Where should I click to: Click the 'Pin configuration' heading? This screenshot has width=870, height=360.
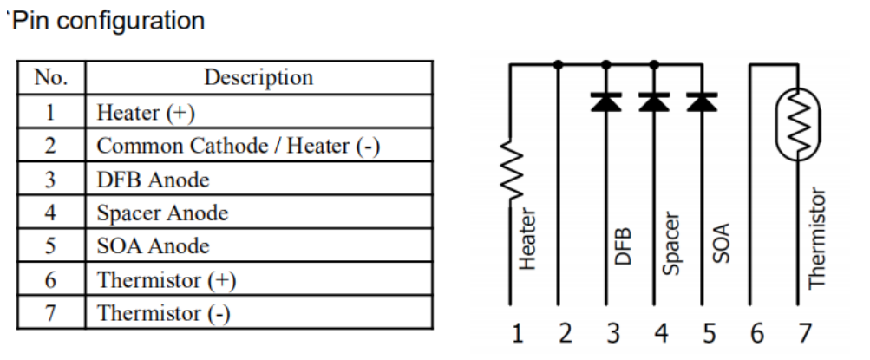click(107, 20)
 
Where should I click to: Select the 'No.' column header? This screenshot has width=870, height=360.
click(49, 77)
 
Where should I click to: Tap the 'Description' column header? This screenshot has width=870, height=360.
click(258, 77)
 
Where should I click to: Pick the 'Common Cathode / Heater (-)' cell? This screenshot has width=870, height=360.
click(239, 146)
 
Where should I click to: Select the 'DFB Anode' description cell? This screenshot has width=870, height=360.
click(153, 180)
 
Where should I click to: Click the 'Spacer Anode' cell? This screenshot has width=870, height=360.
click(162, 213)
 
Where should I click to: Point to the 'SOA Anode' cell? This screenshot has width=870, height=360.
click(153, 246)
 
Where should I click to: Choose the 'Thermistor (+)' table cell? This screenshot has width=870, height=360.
click(167, 280)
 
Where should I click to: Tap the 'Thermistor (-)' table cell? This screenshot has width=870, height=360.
click(163, 313)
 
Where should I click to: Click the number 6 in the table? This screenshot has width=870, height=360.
click(50, 280)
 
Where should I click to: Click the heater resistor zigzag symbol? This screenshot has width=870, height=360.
click(510, 172)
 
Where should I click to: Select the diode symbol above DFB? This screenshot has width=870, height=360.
click(605, 101)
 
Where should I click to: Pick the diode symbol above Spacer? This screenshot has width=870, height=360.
click(654, 101)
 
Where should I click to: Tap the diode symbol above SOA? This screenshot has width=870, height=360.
click(701, 101)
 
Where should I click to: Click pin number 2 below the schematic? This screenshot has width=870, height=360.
click(566, 333)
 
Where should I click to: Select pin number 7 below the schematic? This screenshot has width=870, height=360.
click(803, 333)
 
